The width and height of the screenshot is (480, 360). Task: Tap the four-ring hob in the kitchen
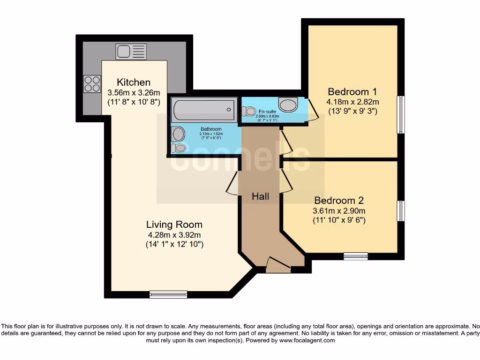92,84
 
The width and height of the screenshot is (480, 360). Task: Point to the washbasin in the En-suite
288,104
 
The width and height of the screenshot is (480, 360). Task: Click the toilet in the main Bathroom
178,148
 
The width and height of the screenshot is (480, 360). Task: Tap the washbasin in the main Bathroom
178,134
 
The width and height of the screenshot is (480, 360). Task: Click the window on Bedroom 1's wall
401,114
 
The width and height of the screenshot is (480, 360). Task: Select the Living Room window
168,294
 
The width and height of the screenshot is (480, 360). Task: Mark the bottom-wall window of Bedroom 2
355,255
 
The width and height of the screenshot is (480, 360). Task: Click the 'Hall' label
260,196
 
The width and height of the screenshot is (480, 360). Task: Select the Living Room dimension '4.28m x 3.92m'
174,235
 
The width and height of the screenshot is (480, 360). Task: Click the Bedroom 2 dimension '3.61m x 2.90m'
339,210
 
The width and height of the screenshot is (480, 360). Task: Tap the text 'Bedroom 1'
352,91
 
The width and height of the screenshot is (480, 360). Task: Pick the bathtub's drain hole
229,110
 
